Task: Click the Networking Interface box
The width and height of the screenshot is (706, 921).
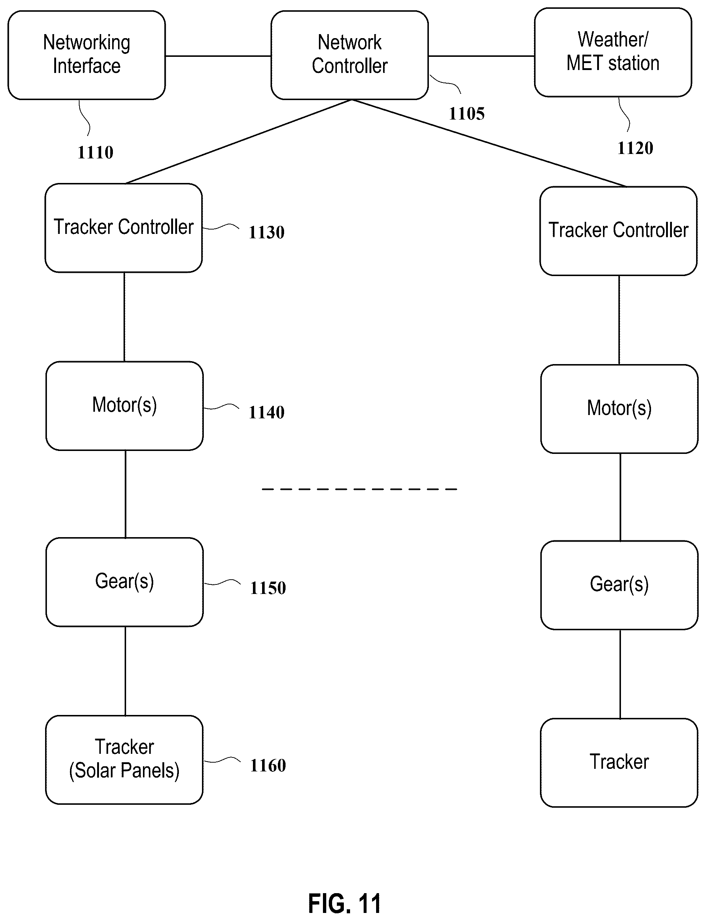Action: click(x=87, y=55)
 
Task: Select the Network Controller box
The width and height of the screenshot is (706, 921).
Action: click(x=350, y=55)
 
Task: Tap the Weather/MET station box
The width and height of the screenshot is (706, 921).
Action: click(x=613, y=52)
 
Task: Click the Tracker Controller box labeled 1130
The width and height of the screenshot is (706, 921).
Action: click(x=124, y=228)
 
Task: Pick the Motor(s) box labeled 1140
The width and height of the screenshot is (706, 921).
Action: click(x=124, y=406)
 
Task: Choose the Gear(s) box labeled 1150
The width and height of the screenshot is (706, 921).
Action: click(x=124, y=582)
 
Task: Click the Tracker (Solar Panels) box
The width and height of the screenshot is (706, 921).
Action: click(x=124, y=760)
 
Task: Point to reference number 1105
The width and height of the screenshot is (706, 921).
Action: click(x=467, y=114)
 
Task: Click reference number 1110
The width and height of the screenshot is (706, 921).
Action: click(x=95, y=152)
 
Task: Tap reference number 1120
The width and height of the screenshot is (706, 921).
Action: click(x=635, y=148)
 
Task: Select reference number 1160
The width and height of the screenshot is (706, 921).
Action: click(x=268, y=766)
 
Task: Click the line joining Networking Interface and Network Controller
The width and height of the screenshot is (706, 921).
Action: click(x=218, y=55)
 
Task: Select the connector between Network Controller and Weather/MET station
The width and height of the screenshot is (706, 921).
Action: click(x=482, y=55)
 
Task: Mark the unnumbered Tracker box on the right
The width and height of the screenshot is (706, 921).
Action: click(x=619, y=763)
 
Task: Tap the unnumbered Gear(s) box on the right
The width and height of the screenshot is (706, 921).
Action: click(x=619, y=585)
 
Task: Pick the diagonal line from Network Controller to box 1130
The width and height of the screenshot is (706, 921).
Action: click(x=239, y=142)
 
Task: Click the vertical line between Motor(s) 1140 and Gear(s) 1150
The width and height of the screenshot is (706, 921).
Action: click(x=126, y=494)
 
